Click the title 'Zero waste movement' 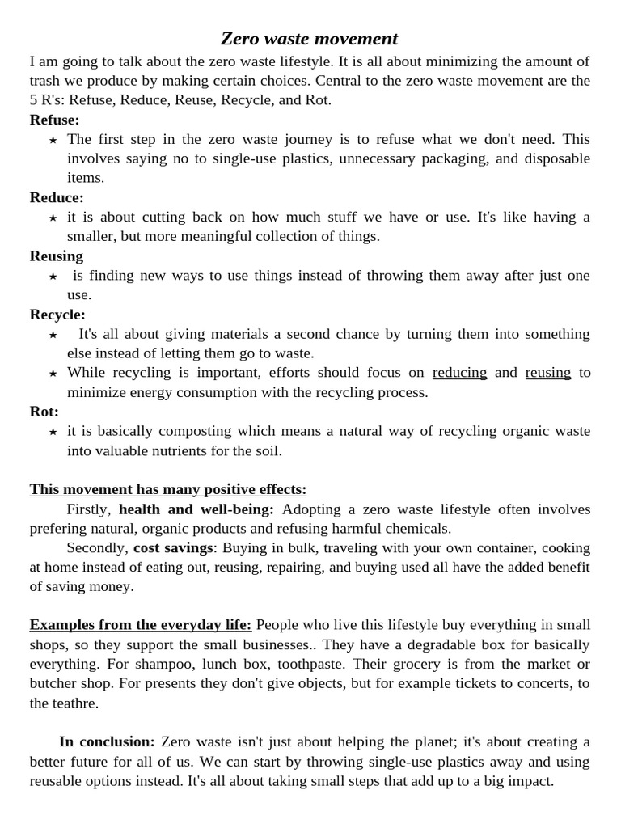click(310, 39)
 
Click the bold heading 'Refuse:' click(55, 120)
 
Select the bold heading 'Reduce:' click(57, 197)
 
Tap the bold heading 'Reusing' click(57, 256)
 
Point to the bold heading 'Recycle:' click(57, 315)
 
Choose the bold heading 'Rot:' click(44, 412)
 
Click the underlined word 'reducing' click(459, 373)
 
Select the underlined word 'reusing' click(547, 373)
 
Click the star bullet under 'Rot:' click(53, 432)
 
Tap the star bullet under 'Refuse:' click(53, 140)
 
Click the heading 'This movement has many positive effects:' click(168, 489)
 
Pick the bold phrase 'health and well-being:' click(196, 509)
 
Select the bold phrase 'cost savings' click(173, 548)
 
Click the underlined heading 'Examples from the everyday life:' click(141, 625)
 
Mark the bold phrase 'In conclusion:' click(107, 742)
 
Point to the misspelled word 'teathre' click(74, 703)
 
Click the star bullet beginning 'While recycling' click(53, 374)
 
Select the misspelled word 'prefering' click(61, 529)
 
